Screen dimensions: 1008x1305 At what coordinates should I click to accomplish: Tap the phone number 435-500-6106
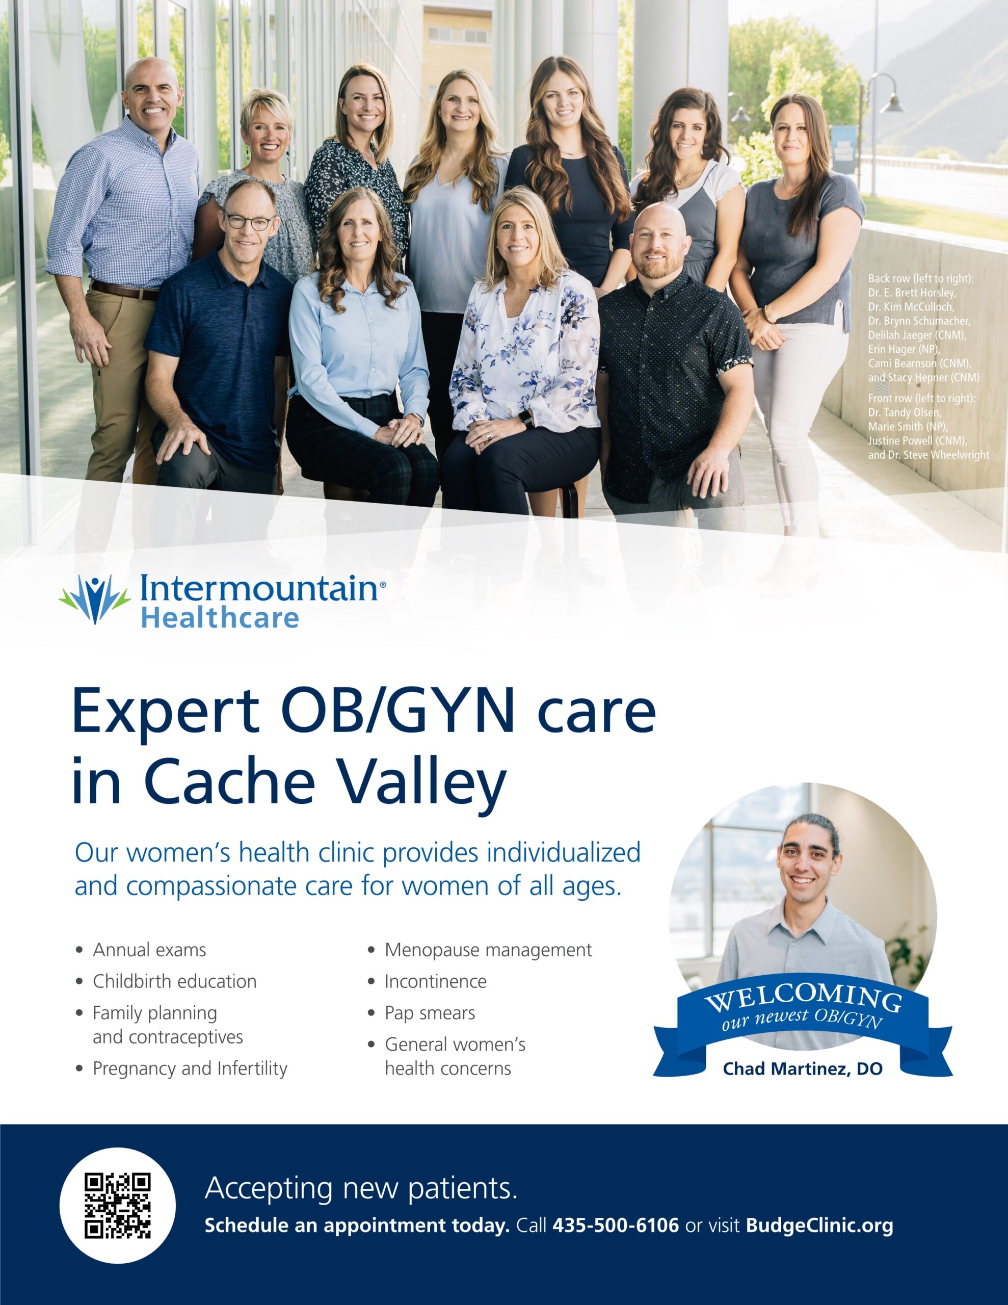[616, 1225]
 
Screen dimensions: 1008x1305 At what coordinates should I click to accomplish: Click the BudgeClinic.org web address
[819, 1226]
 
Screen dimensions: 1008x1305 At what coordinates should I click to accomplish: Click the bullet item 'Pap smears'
[430, 1013]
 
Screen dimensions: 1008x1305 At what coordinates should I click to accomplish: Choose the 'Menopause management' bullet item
[488, 950]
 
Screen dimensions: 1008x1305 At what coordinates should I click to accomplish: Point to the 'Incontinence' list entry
[436, 981]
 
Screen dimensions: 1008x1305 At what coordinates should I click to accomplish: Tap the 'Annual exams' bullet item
[149, 950]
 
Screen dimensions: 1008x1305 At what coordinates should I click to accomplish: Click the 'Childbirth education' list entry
[174, 981]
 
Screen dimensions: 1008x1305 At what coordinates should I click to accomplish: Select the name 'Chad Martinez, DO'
[803, 1068]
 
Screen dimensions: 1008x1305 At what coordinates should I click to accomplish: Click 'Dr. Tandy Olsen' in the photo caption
[905, 412]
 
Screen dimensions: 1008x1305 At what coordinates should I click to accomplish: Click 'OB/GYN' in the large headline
[398, 711]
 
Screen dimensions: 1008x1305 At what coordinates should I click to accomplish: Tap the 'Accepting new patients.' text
[361, 1188]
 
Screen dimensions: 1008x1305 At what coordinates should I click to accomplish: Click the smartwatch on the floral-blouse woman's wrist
[526, 419]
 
